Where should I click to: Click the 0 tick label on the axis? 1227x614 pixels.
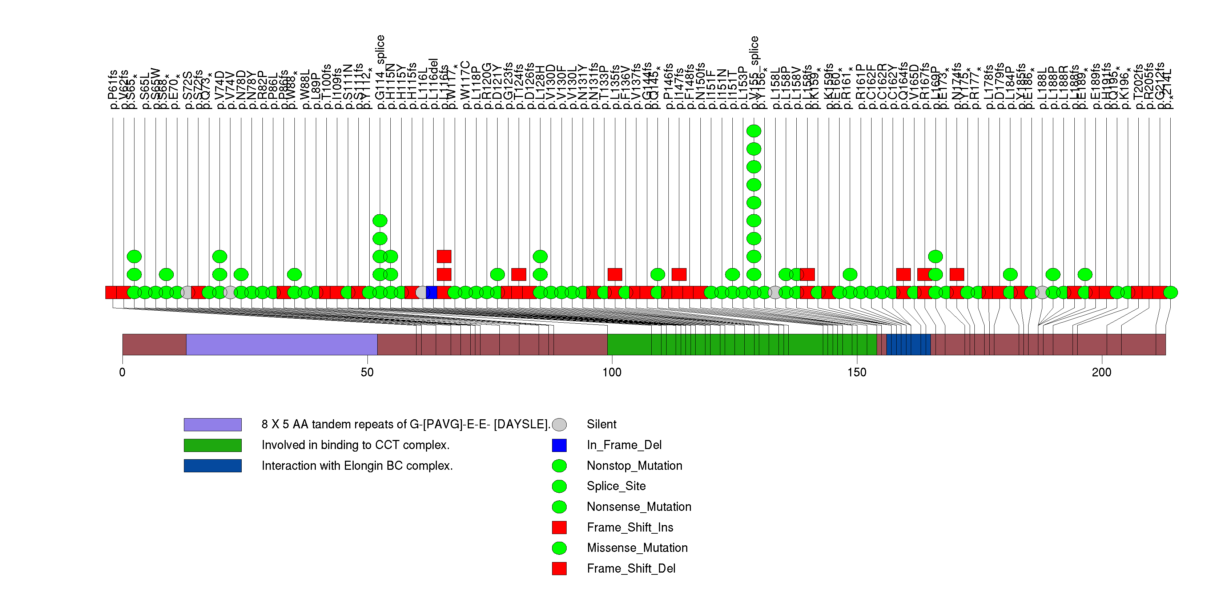122,372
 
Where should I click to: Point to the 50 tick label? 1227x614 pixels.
367,372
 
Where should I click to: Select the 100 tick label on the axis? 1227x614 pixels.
612,372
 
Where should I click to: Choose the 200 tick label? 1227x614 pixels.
1101,372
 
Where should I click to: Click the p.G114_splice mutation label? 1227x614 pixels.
380,72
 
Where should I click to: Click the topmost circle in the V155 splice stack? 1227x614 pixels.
753,131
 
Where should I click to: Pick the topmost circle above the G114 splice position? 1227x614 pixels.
380,221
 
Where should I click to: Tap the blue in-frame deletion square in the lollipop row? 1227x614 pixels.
431,292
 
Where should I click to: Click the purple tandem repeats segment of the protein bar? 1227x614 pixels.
282,344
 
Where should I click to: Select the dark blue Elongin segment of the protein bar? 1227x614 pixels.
908,344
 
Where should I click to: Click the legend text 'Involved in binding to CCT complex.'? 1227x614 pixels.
355,445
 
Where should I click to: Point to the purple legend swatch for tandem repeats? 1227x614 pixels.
213,425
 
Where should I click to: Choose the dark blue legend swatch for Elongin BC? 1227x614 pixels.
213,465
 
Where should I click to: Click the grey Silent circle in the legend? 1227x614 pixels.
559,425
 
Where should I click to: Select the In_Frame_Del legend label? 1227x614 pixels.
624,445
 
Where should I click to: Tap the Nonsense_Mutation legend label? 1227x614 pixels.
639,507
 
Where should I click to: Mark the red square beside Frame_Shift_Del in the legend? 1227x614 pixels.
559,568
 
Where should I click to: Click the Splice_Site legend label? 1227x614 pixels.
616,486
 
